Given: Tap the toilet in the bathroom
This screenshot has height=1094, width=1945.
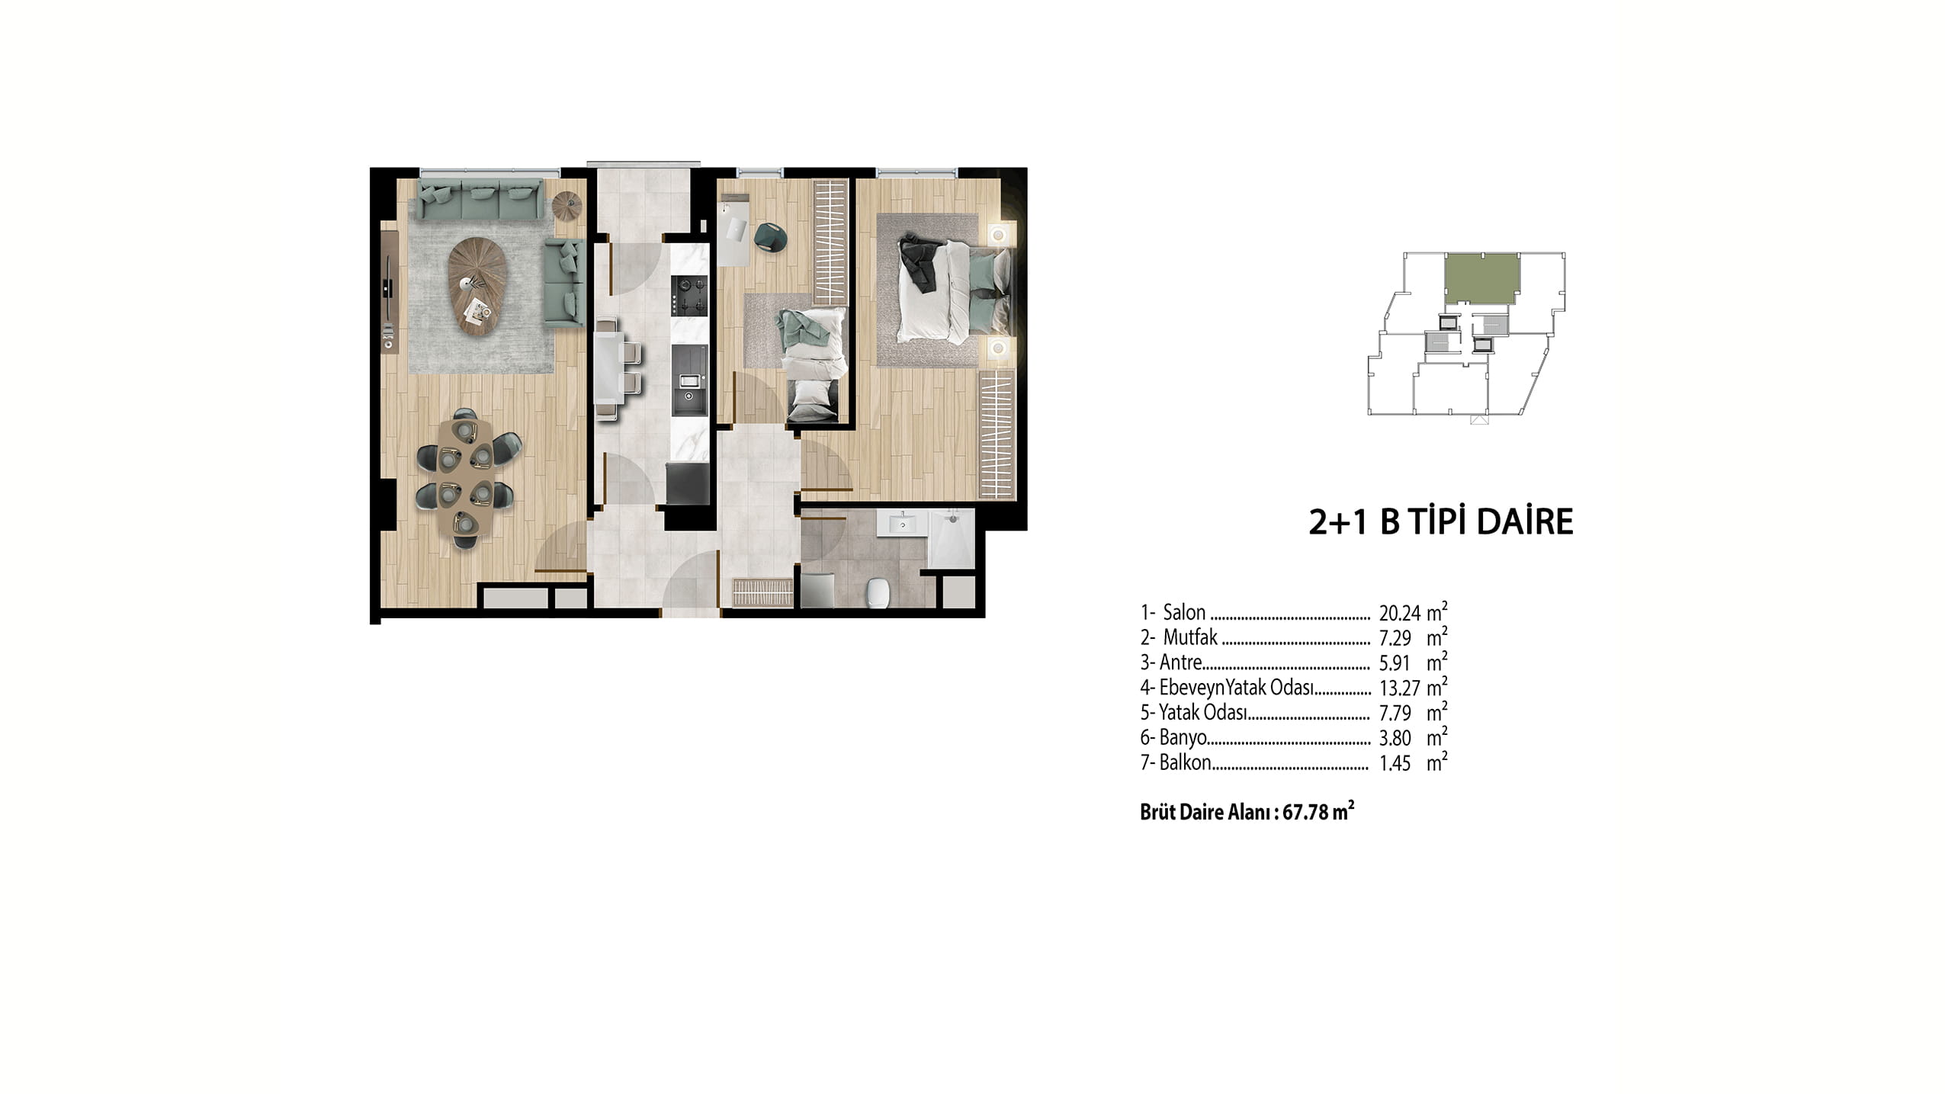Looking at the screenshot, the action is [x=879, y=592].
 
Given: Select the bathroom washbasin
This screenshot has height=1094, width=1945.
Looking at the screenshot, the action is [x=902, y=524].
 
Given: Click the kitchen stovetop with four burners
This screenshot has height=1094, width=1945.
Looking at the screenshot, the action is [x=689, y=296].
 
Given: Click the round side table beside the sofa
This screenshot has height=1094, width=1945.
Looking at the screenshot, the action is [x=567, y=205].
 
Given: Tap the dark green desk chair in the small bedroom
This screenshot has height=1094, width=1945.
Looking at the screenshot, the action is [x=772, y=236].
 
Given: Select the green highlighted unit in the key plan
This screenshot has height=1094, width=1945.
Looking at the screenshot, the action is [x=1482, y=279].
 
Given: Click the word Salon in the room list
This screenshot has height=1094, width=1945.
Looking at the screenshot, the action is [x=1184, y=612].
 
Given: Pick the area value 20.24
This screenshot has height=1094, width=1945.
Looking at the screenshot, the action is [x=1399, y=613].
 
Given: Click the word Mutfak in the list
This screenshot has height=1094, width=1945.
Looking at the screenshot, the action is [x=1190, y=637].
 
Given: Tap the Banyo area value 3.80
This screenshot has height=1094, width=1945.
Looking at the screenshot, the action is [x=1395, y=738].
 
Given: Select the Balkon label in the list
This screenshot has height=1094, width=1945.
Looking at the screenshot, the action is [x=1185, y=762].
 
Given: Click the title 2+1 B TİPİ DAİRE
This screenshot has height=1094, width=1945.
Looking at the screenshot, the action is [x=1440, y=522].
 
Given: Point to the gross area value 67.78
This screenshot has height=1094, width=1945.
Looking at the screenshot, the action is [x=1305, y=813].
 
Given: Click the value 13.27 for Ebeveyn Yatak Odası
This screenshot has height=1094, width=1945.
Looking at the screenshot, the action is [x=1399, y=688].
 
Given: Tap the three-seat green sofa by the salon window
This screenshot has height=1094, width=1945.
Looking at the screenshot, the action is [x=480, y=200].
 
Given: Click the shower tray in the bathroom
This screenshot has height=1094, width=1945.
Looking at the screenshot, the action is [x=951, y=538].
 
